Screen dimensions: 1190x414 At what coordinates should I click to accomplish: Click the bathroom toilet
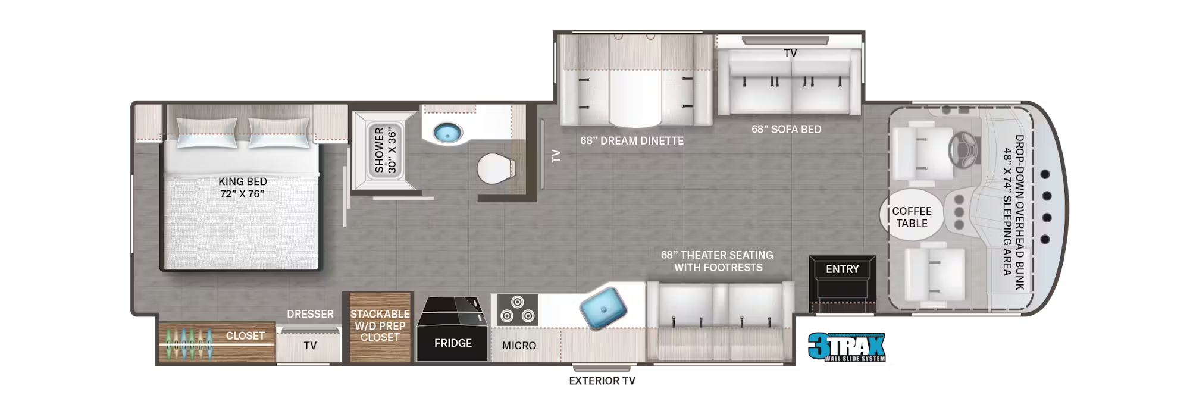coord(496,168)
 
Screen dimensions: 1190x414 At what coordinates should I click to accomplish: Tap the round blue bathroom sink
coord(447,133)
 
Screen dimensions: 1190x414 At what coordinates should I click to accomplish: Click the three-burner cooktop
coord(517,309)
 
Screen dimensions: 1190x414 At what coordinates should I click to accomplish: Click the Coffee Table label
coord(912,217)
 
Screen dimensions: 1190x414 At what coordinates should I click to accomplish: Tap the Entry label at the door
coord(842,269)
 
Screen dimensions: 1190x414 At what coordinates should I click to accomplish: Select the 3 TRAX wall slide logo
coord(847,347)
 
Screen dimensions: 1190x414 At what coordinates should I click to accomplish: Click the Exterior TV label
coord(602,381)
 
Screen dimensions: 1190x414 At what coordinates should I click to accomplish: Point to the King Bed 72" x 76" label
coord(242,187)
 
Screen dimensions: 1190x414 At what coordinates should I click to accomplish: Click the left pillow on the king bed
coord(206,132)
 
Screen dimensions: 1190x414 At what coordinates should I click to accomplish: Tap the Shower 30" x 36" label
coord(385,150)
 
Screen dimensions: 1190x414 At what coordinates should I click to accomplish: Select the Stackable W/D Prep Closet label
coord(380,325)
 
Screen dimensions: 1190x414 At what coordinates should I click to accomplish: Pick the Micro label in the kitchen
coord(519,345)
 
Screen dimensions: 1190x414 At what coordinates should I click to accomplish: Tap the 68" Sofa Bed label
coord(786,129)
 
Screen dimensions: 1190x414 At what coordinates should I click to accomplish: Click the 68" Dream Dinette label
coord(632,140)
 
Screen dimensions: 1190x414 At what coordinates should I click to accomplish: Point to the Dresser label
coord(310,313)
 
